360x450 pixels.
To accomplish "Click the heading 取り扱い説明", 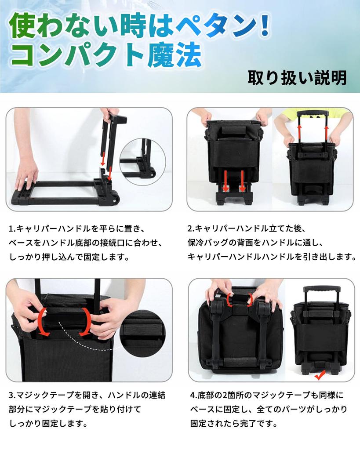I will (x=297, y=77).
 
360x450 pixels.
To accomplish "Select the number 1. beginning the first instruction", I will (x=12, y=229).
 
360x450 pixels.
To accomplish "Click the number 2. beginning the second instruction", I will (x=191, y=229).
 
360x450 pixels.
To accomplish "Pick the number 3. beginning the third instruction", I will (x=12, y=395).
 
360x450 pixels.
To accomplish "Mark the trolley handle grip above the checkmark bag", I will (x=323, y=291).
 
